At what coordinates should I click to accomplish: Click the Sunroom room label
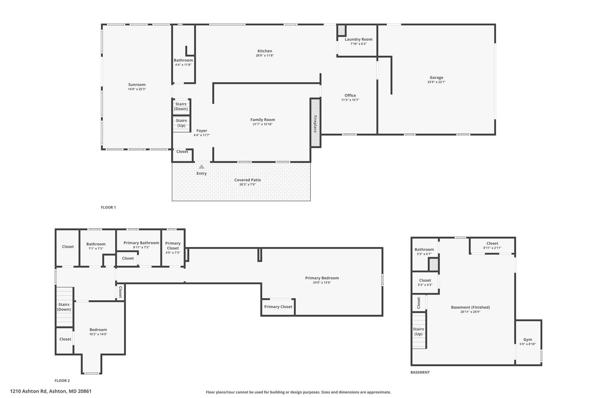click(137, 85)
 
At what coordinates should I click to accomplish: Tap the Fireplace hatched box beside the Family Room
click(315, 123)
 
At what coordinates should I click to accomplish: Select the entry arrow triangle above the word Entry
click(201, 167)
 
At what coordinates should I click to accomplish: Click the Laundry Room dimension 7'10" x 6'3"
click(358, 44)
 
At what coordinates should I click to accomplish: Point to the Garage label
click(436, 78)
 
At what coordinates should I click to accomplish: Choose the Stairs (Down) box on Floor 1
click(181, 106)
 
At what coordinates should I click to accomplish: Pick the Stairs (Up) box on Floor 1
click(181, 123)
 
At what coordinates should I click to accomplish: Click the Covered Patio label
click(247, 180)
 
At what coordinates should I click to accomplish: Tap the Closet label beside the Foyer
click(182, 152)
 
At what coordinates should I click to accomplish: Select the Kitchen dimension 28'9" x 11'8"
click(265, 55)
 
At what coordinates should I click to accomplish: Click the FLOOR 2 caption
click(62, 381)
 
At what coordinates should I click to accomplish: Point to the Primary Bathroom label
click(141, 243)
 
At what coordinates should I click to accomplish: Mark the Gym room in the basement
click(528, 341)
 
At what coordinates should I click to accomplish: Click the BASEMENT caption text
click(420, 372)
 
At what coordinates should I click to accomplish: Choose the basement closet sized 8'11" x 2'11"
click(492, 246)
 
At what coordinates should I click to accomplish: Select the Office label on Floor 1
click(350, 95)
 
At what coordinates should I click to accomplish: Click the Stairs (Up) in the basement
click(418, 332)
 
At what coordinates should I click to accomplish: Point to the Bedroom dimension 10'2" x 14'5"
click(98, 334)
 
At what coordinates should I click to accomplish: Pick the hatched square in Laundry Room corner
click(341, 30)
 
